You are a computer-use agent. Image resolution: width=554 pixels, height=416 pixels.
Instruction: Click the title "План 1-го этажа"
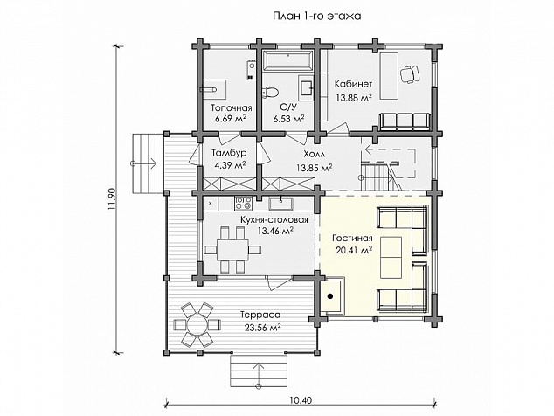click(317, 17)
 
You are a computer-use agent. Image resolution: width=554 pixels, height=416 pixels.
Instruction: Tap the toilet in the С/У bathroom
click(270, 91)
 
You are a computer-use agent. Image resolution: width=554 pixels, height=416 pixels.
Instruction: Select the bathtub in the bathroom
click(288, 60)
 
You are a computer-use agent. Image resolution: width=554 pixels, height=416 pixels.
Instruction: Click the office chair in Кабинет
click(410, 74)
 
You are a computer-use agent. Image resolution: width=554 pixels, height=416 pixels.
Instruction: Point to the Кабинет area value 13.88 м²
click(353, 98)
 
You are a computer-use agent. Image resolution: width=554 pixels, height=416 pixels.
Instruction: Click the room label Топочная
click(232, 107)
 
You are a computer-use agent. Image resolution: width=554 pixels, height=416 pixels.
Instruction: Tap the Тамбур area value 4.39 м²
click(230, 165)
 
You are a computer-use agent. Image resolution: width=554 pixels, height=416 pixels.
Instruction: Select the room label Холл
click(314, 154)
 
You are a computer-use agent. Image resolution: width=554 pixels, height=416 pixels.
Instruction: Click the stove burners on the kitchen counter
click(244, 203)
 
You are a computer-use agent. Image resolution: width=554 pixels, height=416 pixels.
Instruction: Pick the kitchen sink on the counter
click(280, 204)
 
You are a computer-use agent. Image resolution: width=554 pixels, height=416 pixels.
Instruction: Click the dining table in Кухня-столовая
click(232, 250)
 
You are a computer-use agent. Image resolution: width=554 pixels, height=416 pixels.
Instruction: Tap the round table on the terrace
click(197, 324)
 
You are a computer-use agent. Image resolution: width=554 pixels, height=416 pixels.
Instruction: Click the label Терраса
click(260, 315)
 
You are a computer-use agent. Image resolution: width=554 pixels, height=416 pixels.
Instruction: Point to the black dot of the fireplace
click(330, 296)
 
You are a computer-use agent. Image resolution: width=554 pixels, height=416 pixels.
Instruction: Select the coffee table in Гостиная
click(391, 257)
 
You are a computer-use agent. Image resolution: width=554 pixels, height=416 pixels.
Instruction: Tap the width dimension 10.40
click(301, 400)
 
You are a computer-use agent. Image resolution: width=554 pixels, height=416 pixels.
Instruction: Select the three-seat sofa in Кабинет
click(405, 121)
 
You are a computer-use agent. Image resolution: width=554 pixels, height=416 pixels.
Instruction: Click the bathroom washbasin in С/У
click(306, 85)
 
